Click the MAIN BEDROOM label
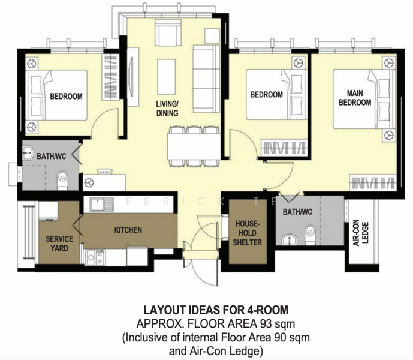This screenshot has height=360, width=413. click(x=355, y=98)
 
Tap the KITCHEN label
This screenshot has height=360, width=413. click(x=128, y=230)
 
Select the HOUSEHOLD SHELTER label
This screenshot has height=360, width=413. click(x=248, y=233)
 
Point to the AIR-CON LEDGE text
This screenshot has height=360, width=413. click(x=361, y=233)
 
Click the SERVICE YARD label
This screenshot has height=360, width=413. click(x=59, y=244)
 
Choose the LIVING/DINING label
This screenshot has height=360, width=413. click(x=167, y=108)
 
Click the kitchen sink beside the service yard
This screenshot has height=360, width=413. click(x=102, y=205)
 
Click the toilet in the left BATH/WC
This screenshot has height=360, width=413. click(x=62, y=180)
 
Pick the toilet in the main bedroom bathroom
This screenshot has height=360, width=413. click(x=310, y=234)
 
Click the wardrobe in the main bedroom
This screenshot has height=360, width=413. click(x=373, y=182)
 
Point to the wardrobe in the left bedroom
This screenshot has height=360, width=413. click(x=111, y=77)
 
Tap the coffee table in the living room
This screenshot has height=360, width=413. click(x=167, y=77)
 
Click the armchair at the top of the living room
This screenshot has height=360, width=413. click(x=168, y=33)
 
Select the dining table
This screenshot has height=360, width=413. click(x=194, y=146)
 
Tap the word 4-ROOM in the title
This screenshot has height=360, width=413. click(x=267, y=310)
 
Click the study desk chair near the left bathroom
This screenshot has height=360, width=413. click(x=104, y=172)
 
